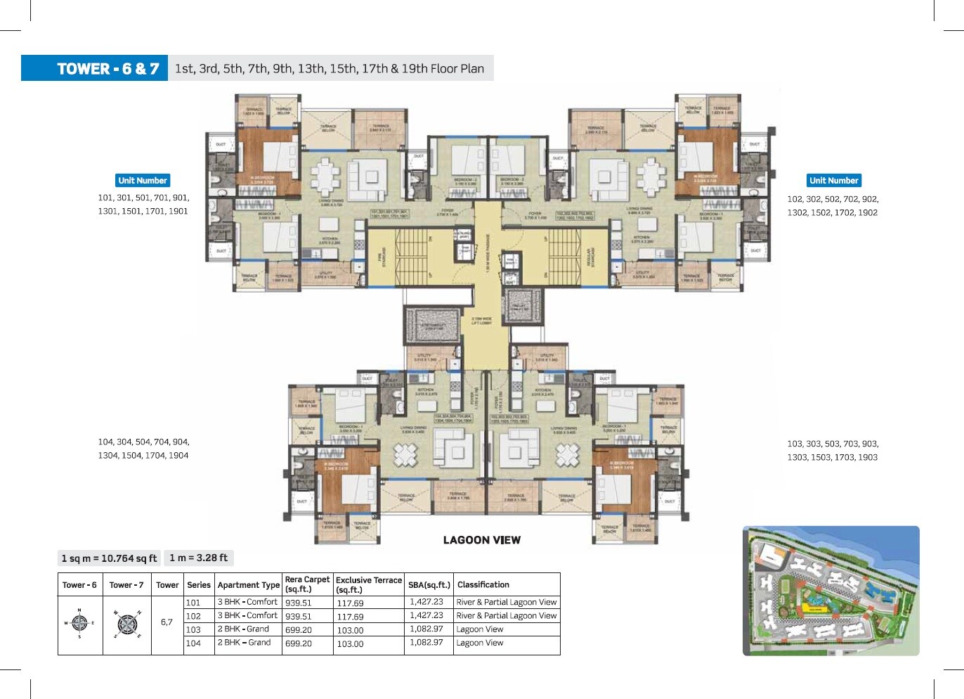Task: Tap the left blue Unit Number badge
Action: point(143,181)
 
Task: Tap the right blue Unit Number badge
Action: point(833,181)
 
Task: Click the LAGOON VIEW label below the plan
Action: point(481,540)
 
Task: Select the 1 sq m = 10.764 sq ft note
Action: point(109,558)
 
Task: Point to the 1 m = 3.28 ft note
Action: point(199,558)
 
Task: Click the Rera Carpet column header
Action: point(307,584)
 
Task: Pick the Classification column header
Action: point(483,584)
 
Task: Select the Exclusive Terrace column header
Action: point(369,584)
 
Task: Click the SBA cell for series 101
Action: point(426,602)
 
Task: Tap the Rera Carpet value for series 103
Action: point(299,630)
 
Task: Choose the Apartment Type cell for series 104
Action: point(244,643)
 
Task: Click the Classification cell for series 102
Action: point(506,615)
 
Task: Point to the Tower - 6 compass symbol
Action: point(79,623)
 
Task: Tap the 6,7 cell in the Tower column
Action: point(167,622)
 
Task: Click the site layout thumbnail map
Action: point(831,591)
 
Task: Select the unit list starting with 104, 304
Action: point(143,449)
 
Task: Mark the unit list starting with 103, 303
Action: point(833,450)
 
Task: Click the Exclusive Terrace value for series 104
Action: point(350,643)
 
